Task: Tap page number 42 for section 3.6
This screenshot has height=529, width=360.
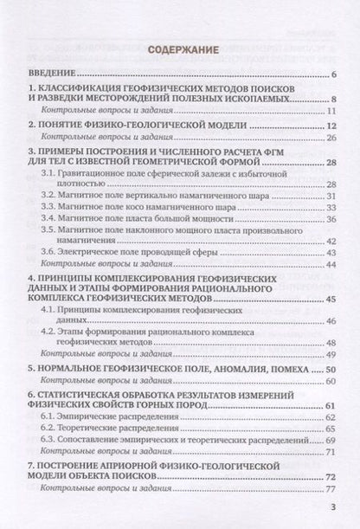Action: click(330, 248)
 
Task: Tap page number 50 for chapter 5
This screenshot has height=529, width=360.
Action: click(330, 368)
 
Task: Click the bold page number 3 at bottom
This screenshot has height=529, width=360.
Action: click(333, 508)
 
